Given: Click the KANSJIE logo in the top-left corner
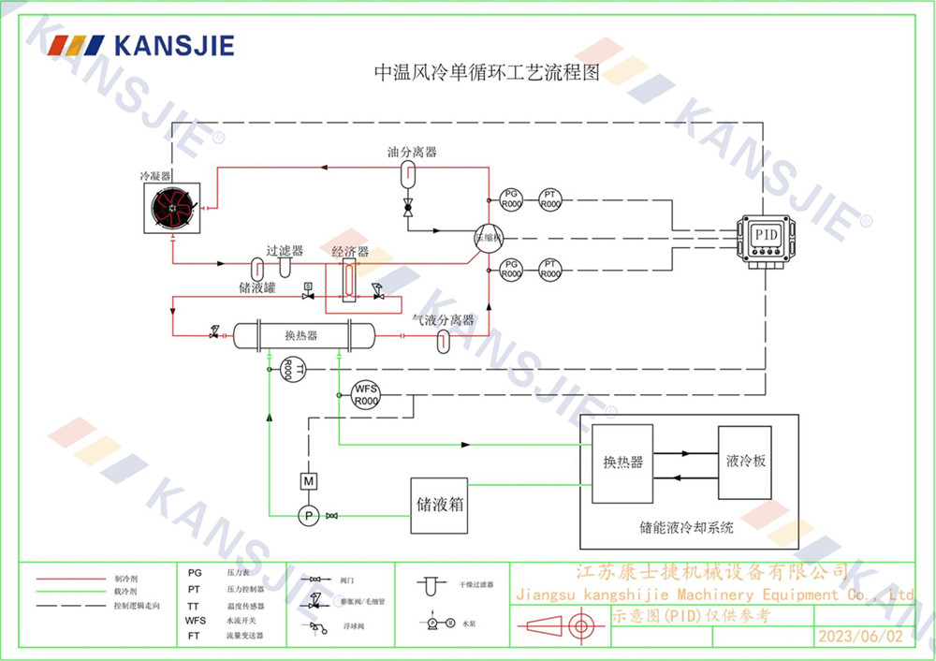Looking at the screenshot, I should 141,46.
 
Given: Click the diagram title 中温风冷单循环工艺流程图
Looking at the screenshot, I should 486,72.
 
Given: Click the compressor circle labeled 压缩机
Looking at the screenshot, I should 488,237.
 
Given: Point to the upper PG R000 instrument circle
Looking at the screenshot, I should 511,198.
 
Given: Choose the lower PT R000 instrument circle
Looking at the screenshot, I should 550,269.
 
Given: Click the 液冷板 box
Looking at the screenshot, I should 745,462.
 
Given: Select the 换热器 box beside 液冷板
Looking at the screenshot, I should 623,462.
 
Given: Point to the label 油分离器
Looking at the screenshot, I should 412,152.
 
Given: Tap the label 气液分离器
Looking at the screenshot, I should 444,320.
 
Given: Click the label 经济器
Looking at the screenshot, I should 350,252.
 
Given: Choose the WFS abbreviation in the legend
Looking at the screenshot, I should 196,620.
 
